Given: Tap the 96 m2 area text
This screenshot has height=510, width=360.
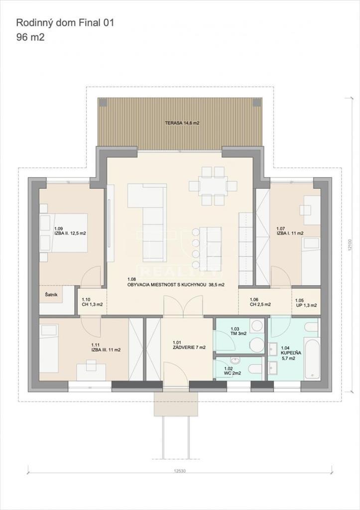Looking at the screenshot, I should pyautogui.click(x=31, y=37).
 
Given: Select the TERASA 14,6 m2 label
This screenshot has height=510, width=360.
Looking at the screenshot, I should pyautogui.click(x=182, y=123).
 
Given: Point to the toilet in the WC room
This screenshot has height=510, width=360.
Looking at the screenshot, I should pyautogui.click(x=254, y=369).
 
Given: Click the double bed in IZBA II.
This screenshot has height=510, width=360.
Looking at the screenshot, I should pyautogui.click(x=63, y=233).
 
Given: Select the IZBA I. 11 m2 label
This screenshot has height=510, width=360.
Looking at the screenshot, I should pyautogui.click(x=290, y=231).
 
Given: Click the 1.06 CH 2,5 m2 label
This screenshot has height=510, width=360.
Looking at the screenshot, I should pyautogui.click(x=260, y=302).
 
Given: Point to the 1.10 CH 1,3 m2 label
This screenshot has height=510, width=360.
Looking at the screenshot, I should pyautogui.click(x=92, y=302).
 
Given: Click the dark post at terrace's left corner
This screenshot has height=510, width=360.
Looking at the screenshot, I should pyautogui.click(x=103, y=103).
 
